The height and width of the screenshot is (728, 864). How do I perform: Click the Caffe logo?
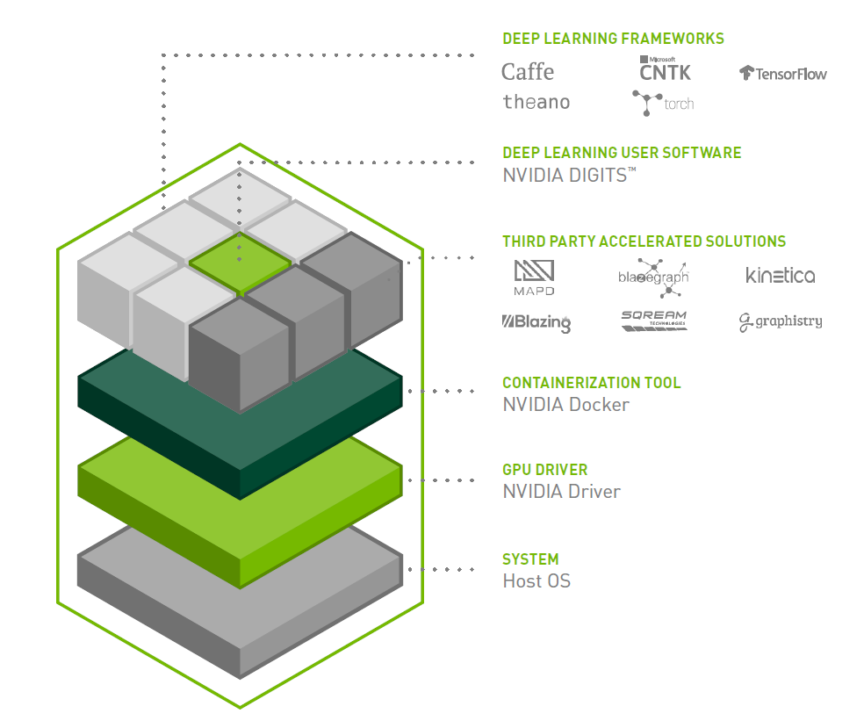[528, 72]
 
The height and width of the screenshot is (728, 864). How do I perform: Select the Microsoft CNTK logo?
[665, 69]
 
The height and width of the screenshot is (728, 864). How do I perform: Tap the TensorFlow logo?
[783, 74]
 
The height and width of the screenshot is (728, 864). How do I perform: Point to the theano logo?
[536, 102]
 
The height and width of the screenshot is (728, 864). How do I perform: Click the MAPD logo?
[534, 278]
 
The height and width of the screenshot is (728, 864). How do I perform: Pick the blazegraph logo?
[654, 276]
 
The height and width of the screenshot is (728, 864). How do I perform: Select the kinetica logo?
[780, 276]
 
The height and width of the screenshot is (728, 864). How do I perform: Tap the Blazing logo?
[536, 322]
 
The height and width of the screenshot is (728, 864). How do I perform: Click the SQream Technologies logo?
[654, 321]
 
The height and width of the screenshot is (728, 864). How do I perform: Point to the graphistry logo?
[781, 322]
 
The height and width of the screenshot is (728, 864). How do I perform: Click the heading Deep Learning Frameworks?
[613, 39]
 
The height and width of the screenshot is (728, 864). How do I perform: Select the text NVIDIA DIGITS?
[566, 176]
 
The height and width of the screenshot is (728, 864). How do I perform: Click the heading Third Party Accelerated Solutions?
[644, 241]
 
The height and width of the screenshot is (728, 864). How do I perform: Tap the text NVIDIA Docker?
[565, 405]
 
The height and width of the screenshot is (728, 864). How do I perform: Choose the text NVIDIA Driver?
[561, 492]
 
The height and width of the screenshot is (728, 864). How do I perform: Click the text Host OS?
[536, 580]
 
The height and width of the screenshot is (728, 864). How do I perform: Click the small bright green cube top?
[240, 258]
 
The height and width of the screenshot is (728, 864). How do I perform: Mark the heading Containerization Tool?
[591, 383]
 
